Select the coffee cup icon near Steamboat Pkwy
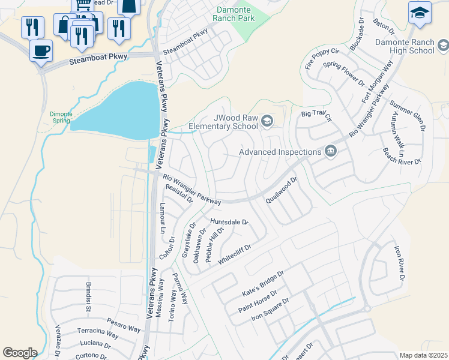tap(41, 50)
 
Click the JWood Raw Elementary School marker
tap(267, 122)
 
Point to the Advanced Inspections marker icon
tap(330, 152)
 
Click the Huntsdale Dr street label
tap(229, 222)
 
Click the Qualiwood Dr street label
tap(282, 190)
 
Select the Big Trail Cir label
tap(316, 114)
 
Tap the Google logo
tap(19, 353)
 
